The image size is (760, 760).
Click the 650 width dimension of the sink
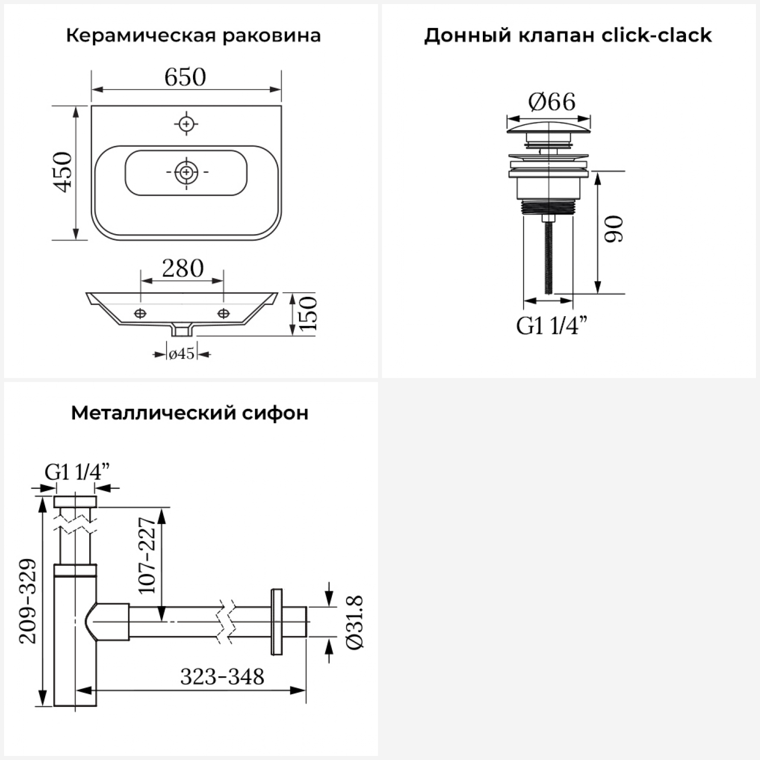click(x=185, y=77)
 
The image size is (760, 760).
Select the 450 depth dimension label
click(x=63, y=171)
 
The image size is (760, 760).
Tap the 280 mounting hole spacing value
click(x=182, y=268)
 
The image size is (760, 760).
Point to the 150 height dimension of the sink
click(x=308, y=313)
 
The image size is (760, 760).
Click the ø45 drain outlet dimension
click(x=182, y=353)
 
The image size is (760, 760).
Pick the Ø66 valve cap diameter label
click(x=552, y=102)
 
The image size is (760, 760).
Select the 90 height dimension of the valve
click(x=614, y=229)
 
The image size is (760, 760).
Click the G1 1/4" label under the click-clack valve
click(x=552, y=325)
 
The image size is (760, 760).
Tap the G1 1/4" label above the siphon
click(x=77, y=472)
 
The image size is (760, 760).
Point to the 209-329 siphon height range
click(x=28, y=601)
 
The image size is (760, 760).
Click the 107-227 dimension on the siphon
click(x=147, y=555)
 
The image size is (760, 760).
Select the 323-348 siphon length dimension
click(x=222, y=676)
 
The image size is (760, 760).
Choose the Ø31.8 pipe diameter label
click(x=354, y=622)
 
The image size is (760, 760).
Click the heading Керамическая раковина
click(x=193, y=36)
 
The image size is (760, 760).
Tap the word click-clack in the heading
click(x=656, y=35)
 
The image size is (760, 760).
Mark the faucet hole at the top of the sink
click(x=186, y=124)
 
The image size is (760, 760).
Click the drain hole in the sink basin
click(x=186, y=172)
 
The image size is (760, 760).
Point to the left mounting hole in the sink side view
click(x=140, y=313)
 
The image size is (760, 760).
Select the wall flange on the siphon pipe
click(x=277, y=622)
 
